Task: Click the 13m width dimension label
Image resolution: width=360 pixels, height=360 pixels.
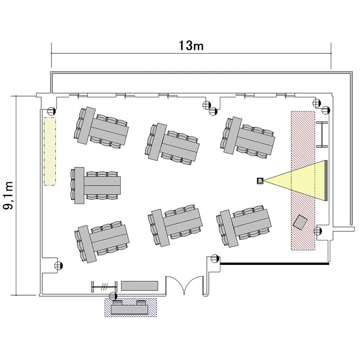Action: coord(191,46)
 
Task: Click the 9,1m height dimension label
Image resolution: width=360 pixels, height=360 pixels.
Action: coord(9,195)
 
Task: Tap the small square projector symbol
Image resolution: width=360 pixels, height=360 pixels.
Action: coord(260,180)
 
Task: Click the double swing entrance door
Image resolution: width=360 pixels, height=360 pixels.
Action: coord(184,284)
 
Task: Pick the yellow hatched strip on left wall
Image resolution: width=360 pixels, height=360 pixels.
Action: coord(49,151)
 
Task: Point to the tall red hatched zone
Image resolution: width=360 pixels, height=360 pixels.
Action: coord(303,180)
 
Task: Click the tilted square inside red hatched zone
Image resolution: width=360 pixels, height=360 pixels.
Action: coord(300,222)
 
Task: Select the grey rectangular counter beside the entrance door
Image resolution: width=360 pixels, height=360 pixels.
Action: coord(140,286)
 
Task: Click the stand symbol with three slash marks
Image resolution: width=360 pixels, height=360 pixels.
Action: coord(105,287)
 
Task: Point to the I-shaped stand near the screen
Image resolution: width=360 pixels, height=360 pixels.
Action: coord(322,134)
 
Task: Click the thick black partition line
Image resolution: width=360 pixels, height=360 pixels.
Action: coord(275,264)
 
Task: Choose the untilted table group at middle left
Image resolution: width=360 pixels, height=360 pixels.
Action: coord(96,185)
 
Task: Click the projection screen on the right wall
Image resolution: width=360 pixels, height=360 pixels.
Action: coord(326,180)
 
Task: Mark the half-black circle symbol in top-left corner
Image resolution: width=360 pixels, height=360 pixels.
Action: coord(51,111)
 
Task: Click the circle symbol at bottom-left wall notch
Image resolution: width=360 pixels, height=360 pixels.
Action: coord(59,265)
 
